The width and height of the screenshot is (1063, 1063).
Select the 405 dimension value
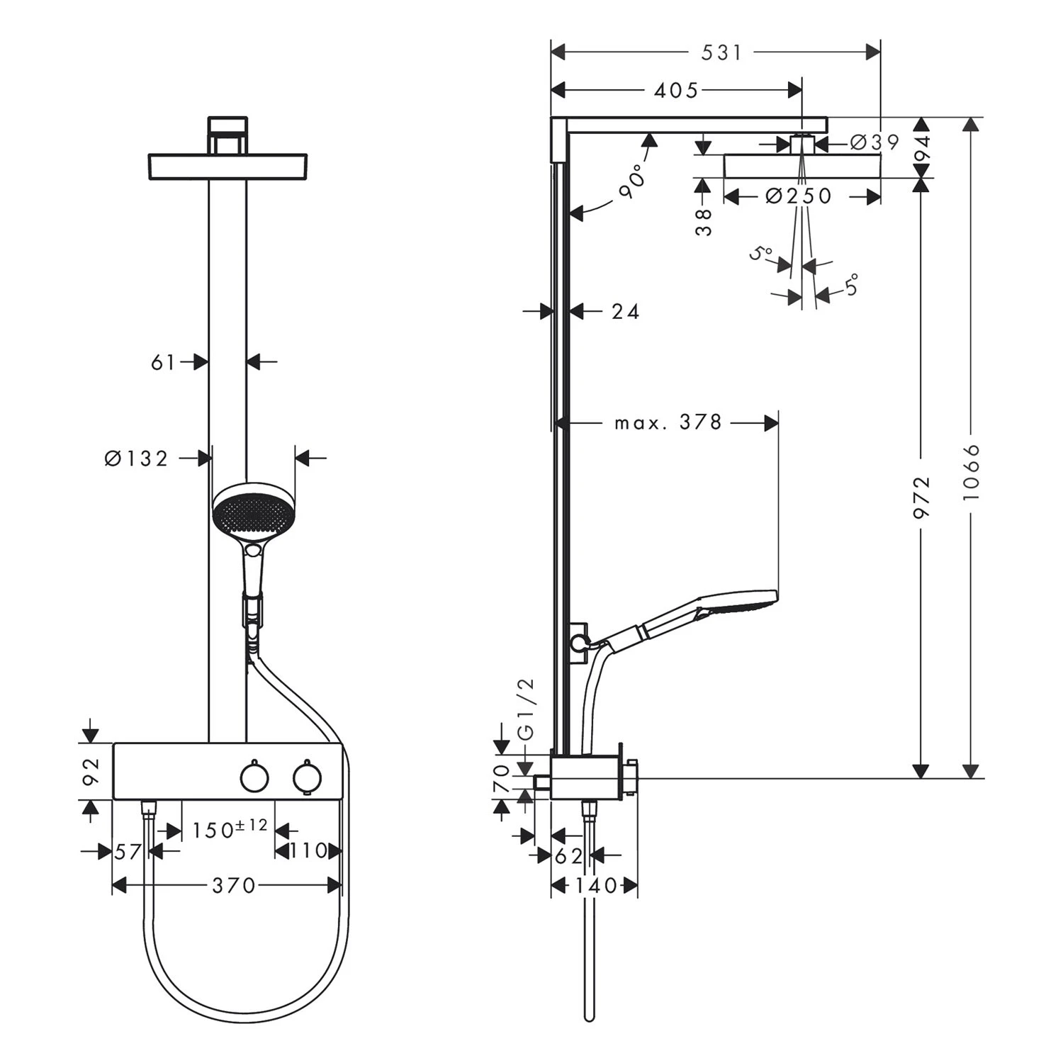point(675,91)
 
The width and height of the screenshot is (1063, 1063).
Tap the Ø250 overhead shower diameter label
point(799,196)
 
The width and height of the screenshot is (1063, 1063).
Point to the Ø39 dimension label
point(874,142)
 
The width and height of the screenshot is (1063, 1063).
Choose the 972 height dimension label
point(921,498)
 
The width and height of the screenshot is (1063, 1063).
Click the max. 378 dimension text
point(668,423)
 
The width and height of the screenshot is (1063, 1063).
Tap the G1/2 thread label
point(527,709)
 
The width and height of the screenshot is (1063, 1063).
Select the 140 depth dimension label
point(595,886)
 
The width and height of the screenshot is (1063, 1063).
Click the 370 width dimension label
point(233,886)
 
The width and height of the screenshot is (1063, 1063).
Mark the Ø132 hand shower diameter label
point(137,459)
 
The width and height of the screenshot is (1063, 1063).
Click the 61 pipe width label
point(163,363)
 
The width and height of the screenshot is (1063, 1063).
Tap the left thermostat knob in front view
point(254,777)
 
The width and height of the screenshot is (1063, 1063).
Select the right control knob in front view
point(308,777)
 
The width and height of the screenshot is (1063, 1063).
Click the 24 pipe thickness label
point(625,312)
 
